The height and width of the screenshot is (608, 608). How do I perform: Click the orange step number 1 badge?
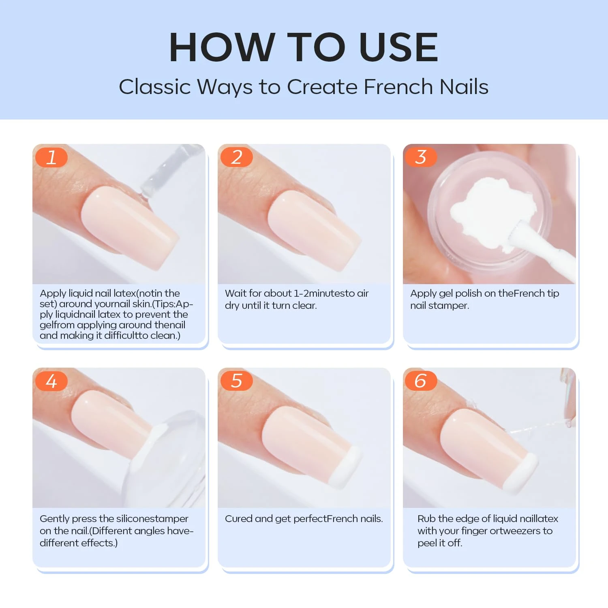(x=51, y=157)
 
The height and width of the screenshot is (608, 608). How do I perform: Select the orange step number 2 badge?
(x=236, y=157)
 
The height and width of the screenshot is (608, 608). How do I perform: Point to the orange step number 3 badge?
(x=421, y=157)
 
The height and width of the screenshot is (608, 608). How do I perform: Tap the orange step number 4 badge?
(x=51, y=381)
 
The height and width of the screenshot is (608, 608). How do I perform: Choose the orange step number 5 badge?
(x=236, y=381)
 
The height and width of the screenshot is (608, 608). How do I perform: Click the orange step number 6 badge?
(x=421, y=381)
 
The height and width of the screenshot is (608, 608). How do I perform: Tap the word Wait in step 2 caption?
(x=238, y=293)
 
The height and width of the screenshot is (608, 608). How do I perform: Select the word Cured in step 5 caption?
(x=238, y=519)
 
